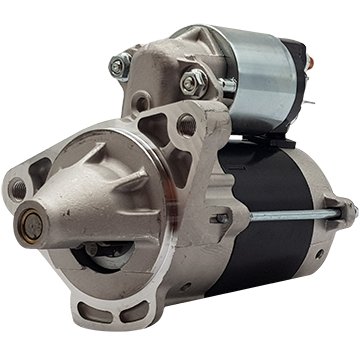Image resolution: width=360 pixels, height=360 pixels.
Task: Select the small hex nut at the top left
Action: click(x=119, y=66)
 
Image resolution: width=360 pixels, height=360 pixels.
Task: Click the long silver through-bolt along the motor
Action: click(x=290, y=215)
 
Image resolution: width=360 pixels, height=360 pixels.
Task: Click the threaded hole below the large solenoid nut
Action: click(x=186, y=124)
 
